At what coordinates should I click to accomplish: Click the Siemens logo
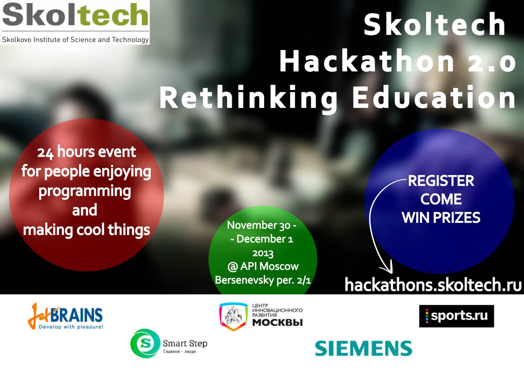[x=364, y=348]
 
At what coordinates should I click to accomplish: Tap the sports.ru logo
[x=456, y=316]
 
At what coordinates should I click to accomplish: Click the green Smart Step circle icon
[x=145, y=343]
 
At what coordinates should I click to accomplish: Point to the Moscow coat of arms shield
[x=233, y=316]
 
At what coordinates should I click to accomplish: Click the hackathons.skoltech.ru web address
[x=433, y=285]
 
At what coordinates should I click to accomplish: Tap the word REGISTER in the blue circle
[x=441, y=181]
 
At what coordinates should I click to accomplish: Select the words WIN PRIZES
[x=441, y=218]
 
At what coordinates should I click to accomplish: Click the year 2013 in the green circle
[x=263, y=253]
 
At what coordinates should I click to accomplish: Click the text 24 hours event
[x=86, y=152]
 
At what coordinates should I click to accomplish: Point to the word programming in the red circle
[x=85, y=192]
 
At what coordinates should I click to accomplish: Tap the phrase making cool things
[x=86, y=230]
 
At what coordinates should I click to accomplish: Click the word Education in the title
[x=434, y=96]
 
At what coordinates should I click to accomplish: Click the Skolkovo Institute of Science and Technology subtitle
[x=75, y=40]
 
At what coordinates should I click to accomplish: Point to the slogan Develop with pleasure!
[x=71, y=327]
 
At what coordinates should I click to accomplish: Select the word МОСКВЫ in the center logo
[x=278, y=323]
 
